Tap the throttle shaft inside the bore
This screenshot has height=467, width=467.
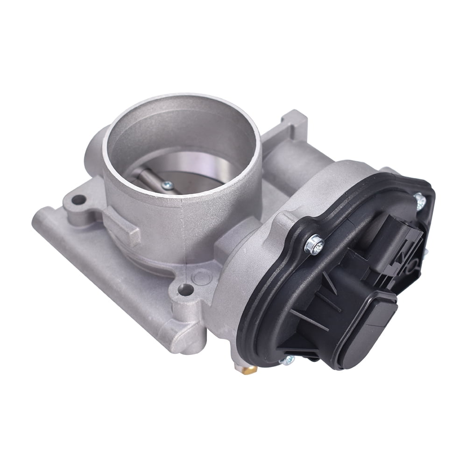(147, 178)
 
